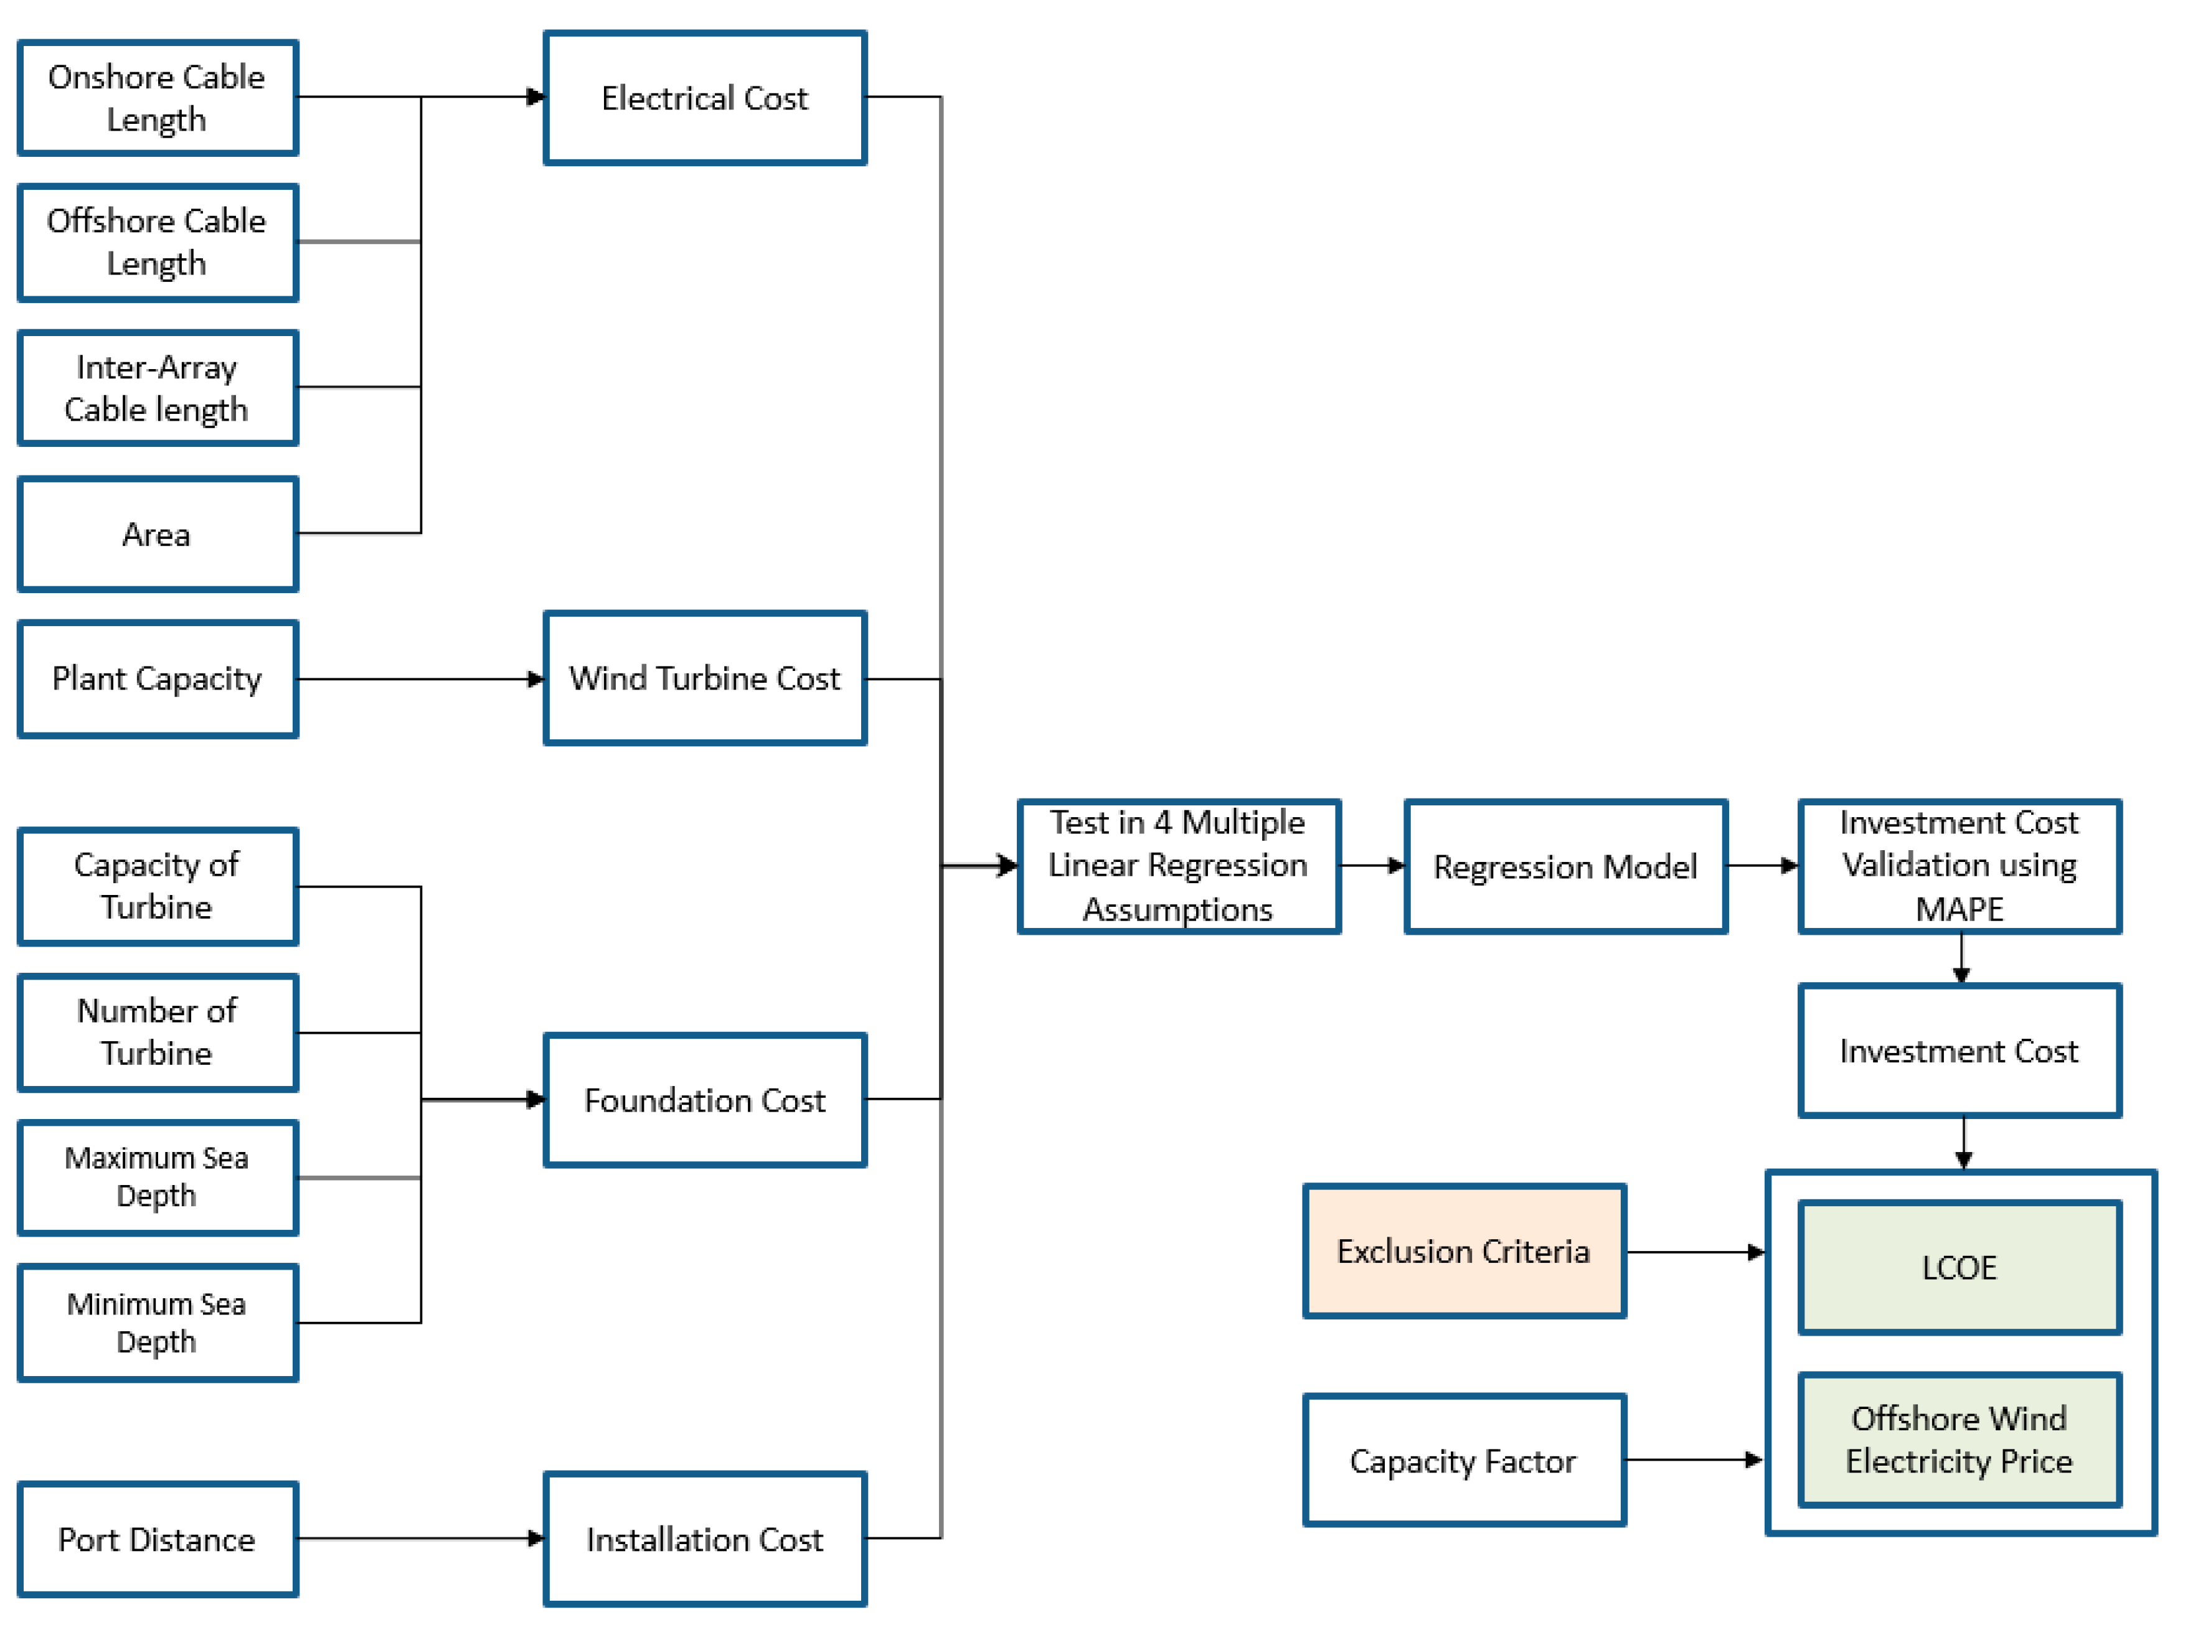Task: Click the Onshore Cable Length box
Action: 158,98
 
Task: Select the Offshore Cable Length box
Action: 158,241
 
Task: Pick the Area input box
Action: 158,534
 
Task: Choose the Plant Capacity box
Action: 158,679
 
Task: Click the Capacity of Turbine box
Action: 158,886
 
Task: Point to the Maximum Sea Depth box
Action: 158,1177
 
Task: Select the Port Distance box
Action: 158,1539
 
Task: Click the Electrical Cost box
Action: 705,98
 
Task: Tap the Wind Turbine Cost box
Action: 705,678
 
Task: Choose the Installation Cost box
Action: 705,1539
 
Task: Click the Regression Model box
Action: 1565,866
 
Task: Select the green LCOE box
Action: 1959,1267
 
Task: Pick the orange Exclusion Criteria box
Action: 1464,1251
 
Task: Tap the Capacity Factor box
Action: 1464,1460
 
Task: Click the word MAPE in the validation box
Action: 1959,909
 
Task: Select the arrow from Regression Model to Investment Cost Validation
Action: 1763,865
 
